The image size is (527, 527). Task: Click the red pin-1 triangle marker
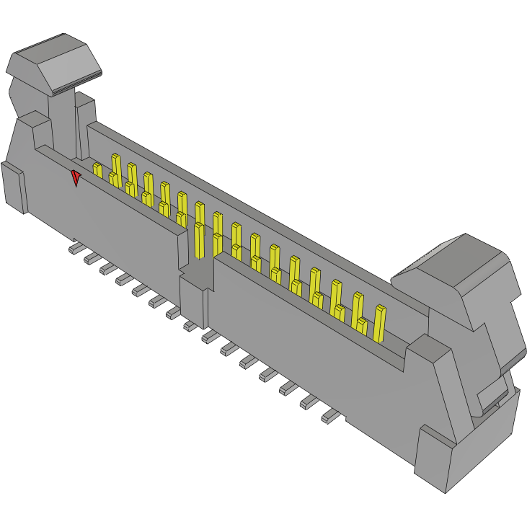coord(76,177)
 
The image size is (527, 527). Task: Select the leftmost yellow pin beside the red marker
coord(97,170)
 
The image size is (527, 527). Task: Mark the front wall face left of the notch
coord(108,216)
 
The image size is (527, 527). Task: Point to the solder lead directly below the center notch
coord(191,326)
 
